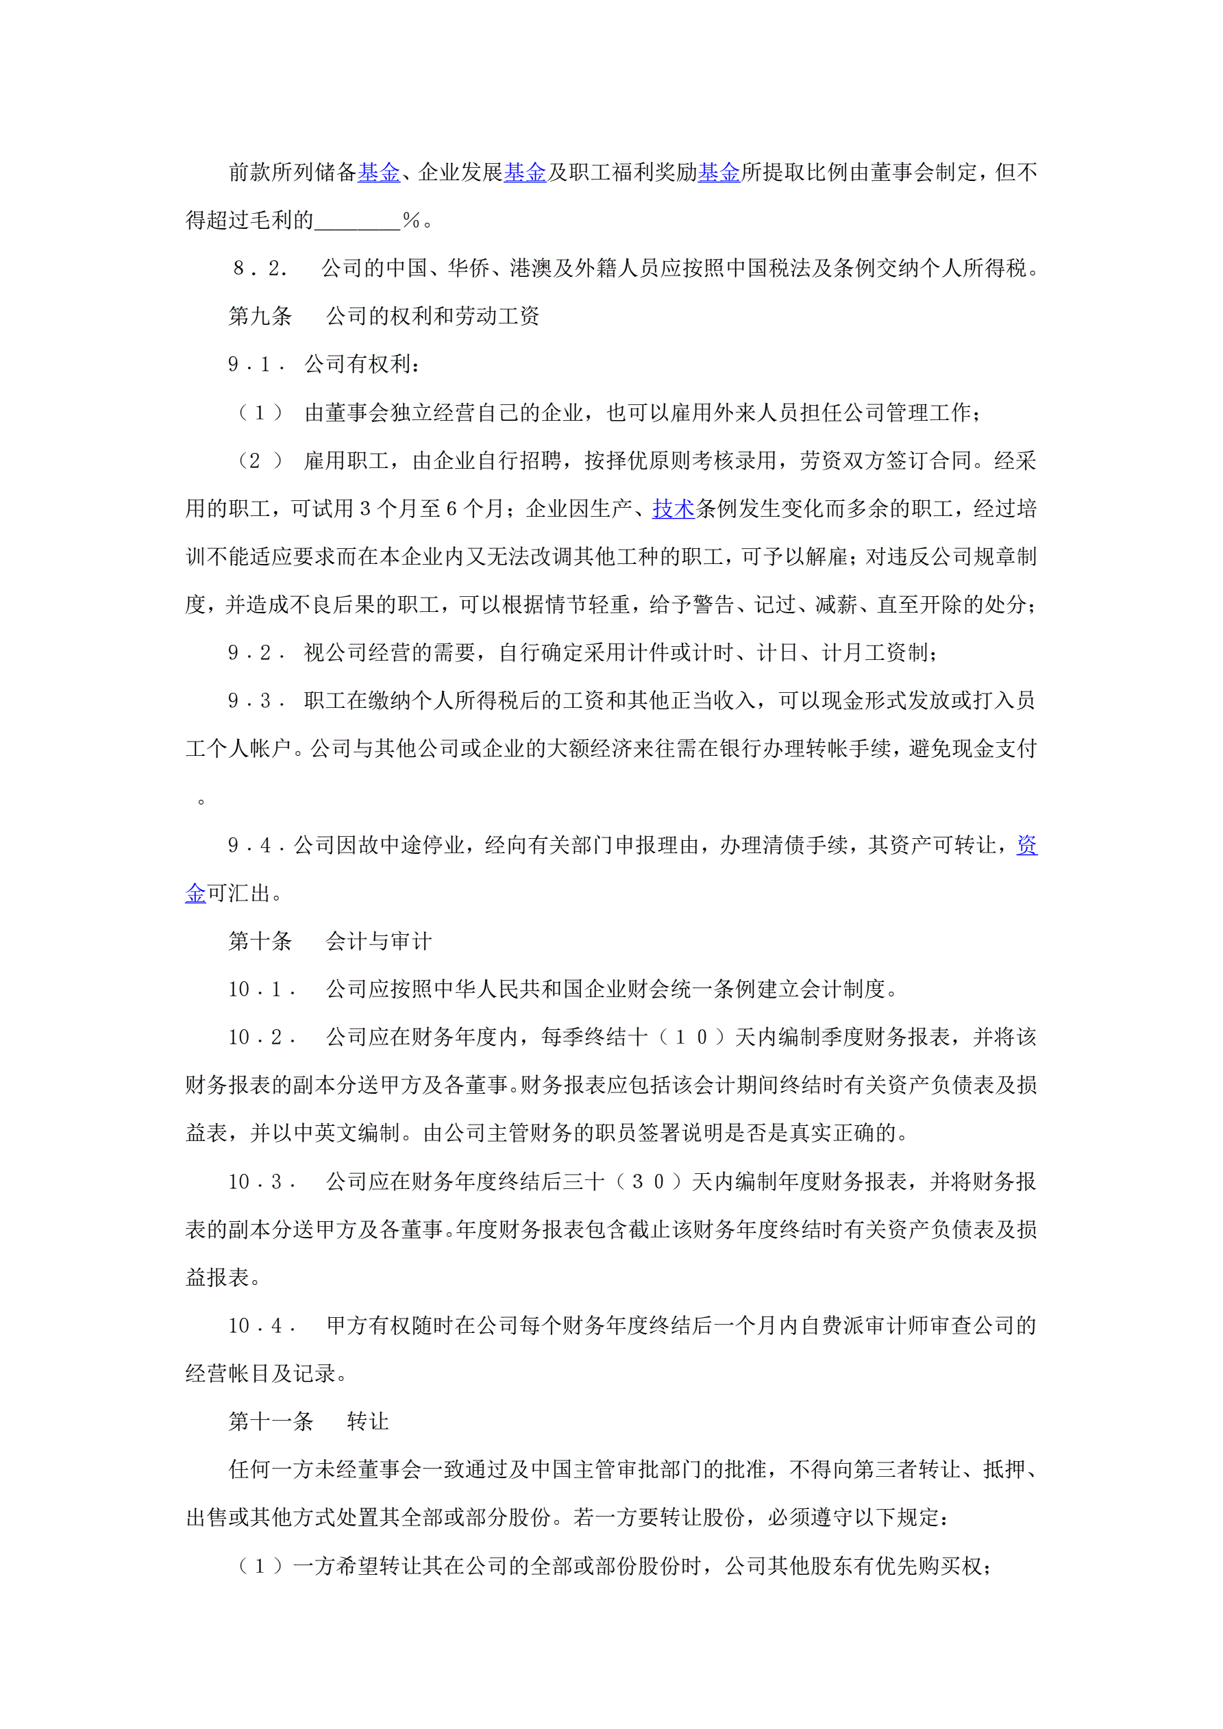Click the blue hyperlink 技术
673,509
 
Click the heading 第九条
260,317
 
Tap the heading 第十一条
271,1421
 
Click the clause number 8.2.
260,268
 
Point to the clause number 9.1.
257,365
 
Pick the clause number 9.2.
257,653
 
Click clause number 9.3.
257,701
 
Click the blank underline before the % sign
357,223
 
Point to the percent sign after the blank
411,221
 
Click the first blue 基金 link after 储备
379,173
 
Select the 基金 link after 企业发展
525,173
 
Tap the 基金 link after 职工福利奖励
719,173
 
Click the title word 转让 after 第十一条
367,1421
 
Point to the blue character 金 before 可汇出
196,893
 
